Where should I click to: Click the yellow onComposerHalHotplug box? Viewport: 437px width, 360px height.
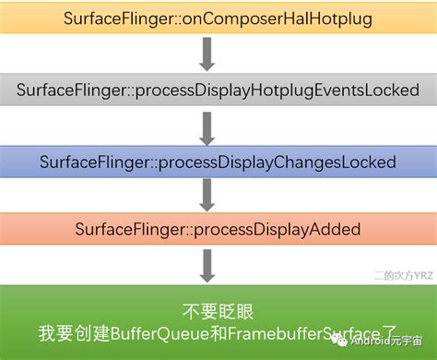218,18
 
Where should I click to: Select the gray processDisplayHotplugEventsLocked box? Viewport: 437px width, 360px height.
218,90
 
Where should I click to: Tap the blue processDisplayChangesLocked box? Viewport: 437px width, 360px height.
218,161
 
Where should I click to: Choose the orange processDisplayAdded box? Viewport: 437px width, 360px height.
218,228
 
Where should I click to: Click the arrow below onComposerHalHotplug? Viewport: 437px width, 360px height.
207,54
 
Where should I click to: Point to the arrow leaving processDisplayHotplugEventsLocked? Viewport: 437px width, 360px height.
207,126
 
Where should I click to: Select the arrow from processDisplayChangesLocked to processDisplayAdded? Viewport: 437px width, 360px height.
207,195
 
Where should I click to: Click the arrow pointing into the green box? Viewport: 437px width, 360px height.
207,263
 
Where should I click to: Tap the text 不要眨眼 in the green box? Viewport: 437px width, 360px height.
218,310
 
